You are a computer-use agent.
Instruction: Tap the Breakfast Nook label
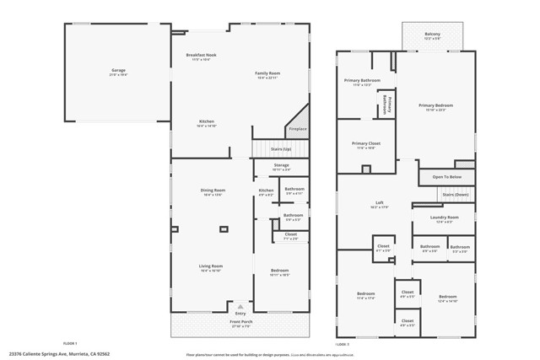(201, 56)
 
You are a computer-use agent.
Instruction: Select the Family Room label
(267, 73)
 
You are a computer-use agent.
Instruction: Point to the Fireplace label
(297, 129)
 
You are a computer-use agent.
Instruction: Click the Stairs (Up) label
(281, 149)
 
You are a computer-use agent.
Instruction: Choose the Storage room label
(281, 165)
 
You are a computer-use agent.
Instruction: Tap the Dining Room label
(213, 191)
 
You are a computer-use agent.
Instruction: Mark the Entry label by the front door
(240, 314)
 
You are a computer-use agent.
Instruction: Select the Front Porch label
(241, 321)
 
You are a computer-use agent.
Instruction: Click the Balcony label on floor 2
(433, 35)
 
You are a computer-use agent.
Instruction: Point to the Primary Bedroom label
(436, 105)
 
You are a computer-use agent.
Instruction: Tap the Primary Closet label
(367, 143)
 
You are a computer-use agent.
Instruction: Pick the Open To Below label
(446, 177)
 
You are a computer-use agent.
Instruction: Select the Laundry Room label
(443, 218)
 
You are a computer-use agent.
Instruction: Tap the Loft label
(380, 203)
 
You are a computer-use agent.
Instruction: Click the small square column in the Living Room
(223, 228)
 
